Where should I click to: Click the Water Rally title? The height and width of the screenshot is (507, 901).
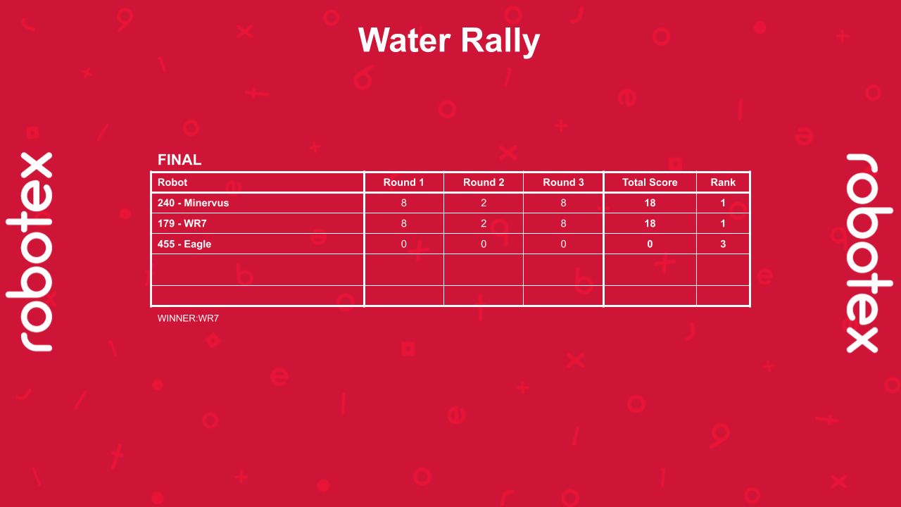click(x=449, y=40)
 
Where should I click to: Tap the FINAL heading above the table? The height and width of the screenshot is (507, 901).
click(x=179, y=160)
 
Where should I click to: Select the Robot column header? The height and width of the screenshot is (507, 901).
click(x=172, y=182)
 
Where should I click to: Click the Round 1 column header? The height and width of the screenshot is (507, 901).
click(x=403, y=182)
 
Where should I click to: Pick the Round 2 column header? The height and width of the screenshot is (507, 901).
click(x=484, y=182)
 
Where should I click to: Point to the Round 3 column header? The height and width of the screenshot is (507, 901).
click(x=563, y=182)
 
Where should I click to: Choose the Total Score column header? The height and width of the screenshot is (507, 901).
click(x=650, y=182)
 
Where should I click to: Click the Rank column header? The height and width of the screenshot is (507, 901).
click(x=723, y=182)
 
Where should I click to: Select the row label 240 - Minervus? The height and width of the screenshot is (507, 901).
click(x=193, y=203)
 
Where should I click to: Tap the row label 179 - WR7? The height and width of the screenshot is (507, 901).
click(x=182, y=223)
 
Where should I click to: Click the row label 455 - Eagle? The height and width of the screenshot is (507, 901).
click(x=184, y=244)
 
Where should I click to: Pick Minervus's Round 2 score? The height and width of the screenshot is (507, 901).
click(x=484, y=203)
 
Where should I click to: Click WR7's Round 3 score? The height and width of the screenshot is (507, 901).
click(x=563, y=223)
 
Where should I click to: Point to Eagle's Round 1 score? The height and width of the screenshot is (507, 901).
click(x=403, y=244)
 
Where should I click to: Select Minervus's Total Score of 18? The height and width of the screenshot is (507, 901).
click(x=650, y=203)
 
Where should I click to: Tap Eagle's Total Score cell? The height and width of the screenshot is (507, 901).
click(x=650, y=244)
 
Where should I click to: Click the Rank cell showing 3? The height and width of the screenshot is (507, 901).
click(x=723, y=244)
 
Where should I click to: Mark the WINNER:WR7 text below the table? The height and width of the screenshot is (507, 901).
click(x=188, y=318)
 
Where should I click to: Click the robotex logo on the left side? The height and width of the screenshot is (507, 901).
click(x=30, y=251)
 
